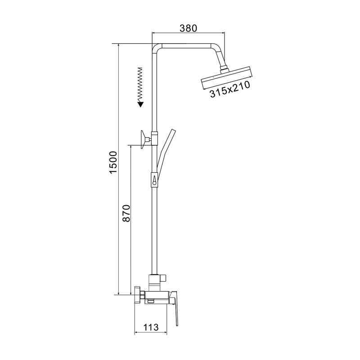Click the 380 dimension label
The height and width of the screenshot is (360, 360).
[x=188, y=28]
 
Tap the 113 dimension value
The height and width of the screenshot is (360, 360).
[x=151, y=328]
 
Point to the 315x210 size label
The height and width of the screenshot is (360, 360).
[x=230, y=90]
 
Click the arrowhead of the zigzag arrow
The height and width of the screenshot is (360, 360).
[x=141, y=104]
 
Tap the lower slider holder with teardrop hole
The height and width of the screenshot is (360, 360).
[x=154, y=180]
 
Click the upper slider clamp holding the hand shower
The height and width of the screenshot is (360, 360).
[x=154, y=135]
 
